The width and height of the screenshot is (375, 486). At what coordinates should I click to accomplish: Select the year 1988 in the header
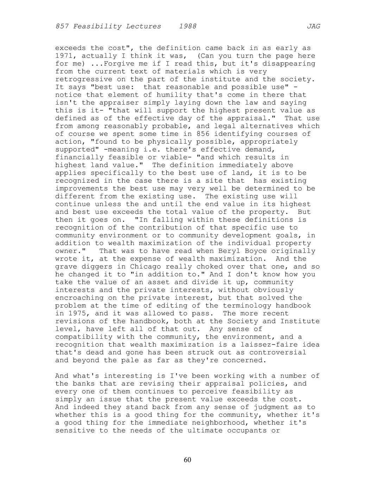click(x=187, y=26)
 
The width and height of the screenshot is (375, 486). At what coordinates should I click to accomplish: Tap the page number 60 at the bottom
click(x=187, y=460)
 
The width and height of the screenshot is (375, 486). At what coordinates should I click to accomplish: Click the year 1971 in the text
click(x=64, y=56)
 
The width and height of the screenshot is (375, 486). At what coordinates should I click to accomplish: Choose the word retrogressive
click(x=84, y=80)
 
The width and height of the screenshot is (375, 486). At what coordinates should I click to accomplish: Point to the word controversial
click(x=278, y=353)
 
